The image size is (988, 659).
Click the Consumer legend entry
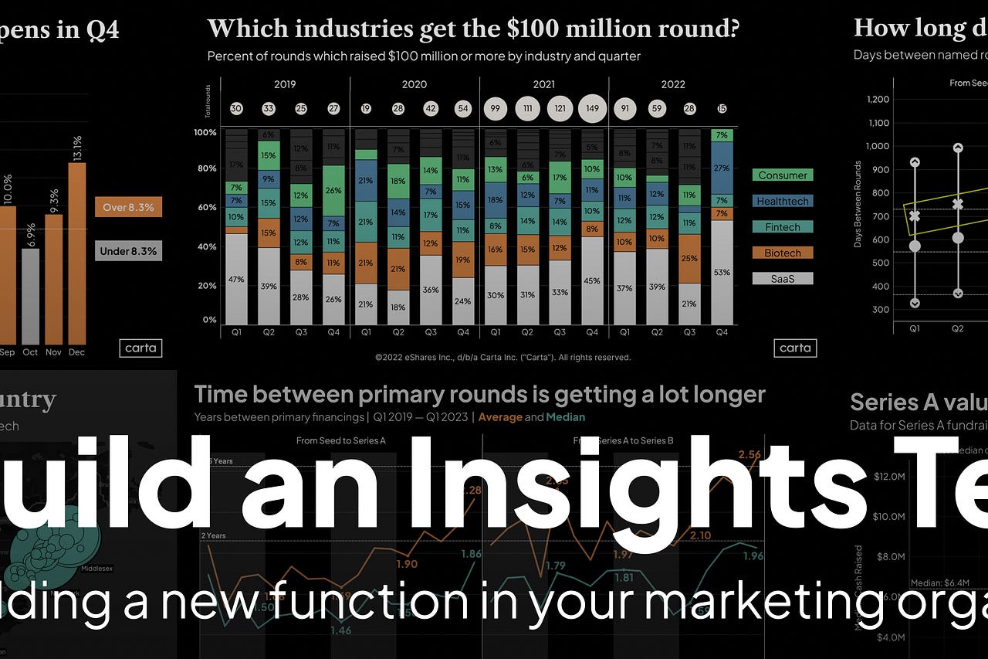(x=782, y=175)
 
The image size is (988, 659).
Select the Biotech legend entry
(x=782, y=253)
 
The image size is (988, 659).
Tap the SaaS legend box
(x=782, y=278)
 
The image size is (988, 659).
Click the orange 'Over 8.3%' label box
(x=128, y=206)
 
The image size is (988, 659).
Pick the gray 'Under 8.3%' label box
(x=128, y=251)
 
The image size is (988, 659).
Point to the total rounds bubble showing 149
(x=592, y=109)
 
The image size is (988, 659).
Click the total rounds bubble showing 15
(x=722, y=109)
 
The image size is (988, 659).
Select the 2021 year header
(x=543, y=84)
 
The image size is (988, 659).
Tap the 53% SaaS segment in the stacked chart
(x=722, y=272)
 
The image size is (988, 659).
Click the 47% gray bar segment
(x=236, y=278)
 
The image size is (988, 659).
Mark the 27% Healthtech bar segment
(x=722, y=168)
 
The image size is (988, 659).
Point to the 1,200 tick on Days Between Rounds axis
(x=878, y=99)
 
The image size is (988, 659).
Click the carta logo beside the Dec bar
(x=140, y=348)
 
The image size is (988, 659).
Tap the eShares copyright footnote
(x=502, y=358)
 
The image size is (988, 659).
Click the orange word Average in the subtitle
(x=499, y=417)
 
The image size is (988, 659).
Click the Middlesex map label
(x=96, y=569)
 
